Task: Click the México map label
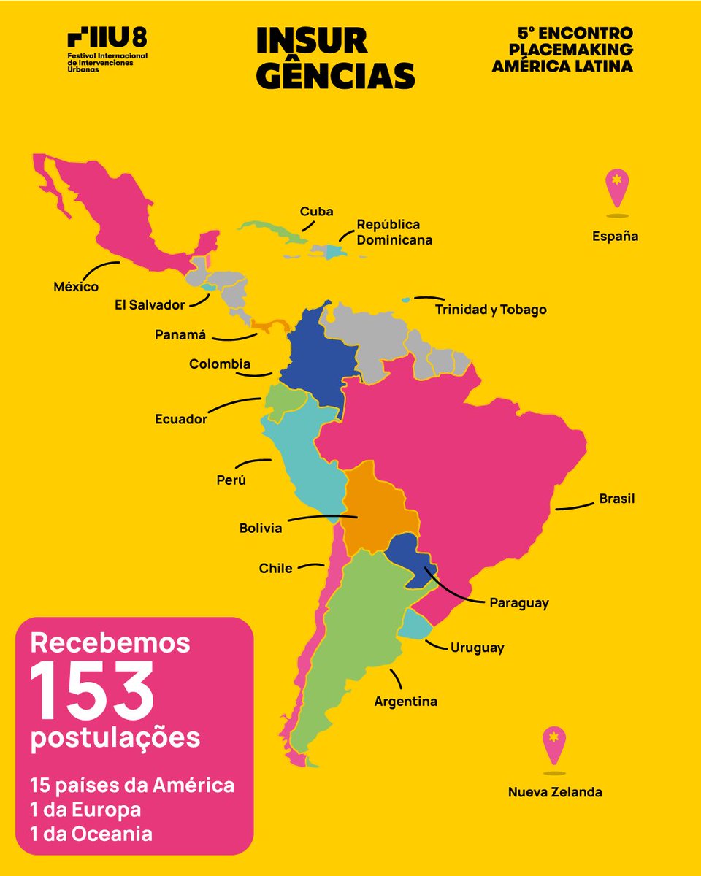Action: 76,288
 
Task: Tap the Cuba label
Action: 316,212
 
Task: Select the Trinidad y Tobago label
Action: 491,310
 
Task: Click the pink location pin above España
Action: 617,187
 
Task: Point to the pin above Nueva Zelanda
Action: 554,745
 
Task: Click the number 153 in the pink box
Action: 92,691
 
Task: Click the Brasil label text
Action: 617,499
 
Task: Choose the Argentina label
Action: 406,702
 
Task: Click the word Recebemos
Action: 110,644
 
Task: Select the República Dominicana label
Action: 394,232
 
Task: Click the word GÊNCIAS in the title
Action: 335,75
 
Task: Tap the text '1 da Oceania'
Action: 91,834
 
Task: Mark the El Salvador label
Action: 150,305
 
